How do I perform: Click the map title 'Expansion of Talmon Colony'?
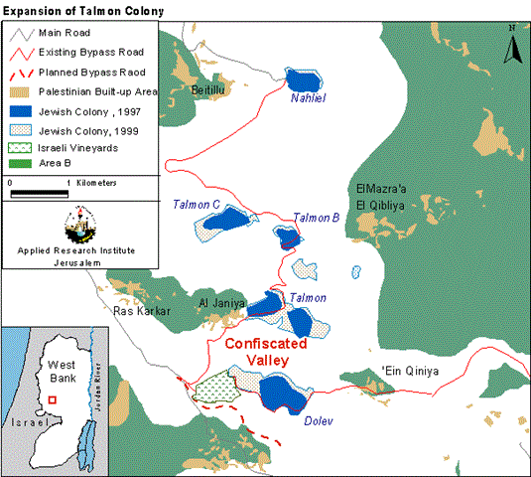point(75,9)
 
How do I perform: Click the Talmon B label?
point(317,219)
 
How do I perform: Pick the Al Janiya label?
point(220,304)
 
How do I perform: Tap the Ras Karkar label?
point(144,311)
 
